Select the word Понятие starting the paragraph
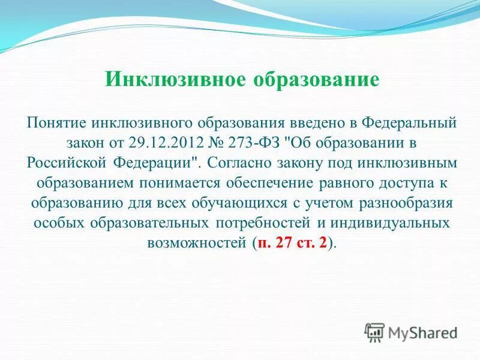point(57,123)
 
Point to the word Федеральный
point(400,123)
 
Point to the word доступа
point(389,183)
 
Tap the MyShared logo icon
point(374,332)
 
